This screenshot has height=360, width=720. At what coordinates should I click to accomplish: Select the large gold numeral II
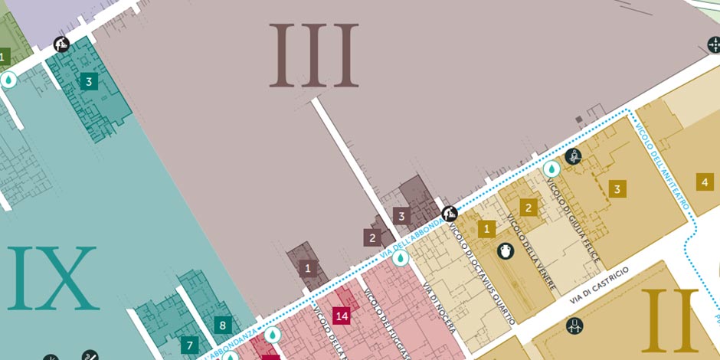click(x=670, y=320)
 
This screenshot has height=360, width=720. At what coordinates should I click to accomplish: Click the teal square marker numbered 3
click(x=89, y=80)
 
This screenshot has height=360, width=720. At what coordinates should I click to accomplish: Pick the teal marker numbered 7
click(x=190, y=345)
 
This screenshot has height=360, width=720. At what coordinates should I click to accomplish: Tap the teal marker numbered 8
click(x=223, y=325)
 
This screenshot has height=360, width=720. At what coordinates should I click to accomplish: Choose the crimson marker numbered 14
click(x=342, y=316)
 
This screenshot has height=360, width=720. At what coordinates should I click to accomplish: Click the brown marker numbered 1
click(x=308, y=268)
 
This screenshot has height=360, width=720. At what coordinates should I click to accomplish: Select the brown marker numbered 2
click(x=372, y=237)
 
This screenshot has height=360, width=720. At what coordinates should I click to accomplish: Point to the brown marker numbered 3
click(x=401, y=216)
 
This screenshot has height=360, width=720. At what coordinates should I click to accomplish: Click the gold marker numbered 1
click(x=486, y=228)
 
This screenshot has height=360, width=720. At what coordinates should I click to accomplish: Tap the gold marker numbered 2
click(x=527, y=207)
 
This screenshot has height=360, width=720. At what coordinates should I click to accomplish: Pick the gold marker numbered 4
click(x=705, y=182)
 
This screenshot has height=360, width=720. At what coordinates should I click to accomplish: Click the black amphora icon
click(x=506, y=250)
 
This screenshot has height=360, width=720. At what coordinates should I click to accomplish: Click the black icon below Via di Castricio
click(x=575, y=327)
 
